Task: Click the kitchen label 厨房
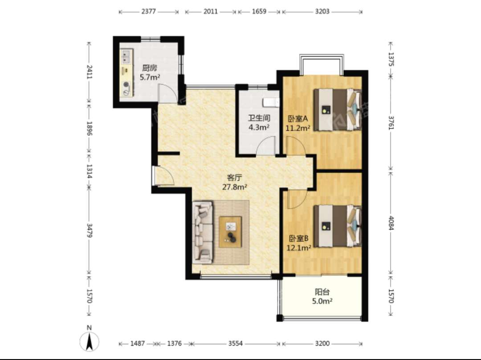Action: [149, 68]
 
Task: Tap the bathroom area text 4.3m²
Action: [259, 127]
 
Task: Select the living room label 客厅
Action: [235, 178]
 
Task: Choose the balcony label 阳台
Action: [322, 292]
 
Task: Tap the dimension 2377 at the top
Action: [149, 12]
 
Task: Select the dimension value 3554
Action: [235, 344]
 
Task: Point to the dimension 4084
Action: [391, 223]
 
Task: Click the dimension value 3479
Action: [89, 230]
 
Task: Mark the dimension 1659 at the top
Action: [259, 12]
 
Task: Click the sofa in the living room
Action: [203, 232]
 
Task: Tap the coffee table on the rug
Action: [230, 232]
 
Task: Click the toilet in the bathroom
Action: [271, 102]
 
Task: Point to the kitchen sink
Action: [126, 57]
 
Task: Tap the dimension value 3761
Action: [391, 122]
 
